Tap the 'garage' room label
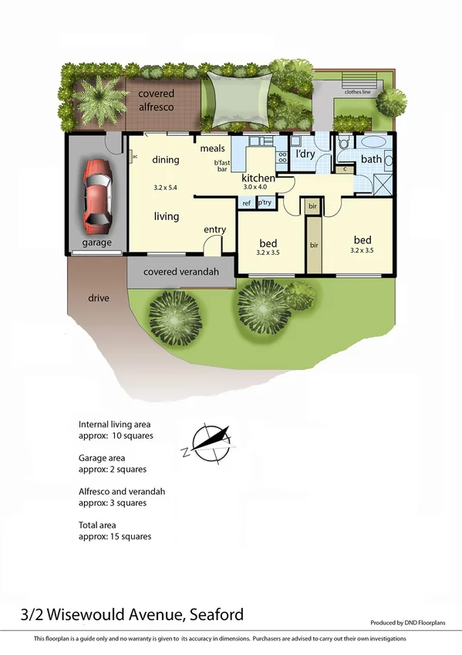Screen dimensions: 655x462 97,243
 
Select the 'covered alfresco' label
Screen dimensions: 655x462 156,100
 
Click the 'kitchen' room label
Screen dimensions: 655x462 258,178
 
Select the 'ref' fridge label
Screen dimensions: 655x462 247,203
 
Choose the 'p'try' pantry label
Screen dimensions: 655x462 265,203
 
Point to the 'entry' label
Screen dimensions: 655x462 214,229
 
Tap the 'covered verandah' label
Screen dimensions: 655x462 180,272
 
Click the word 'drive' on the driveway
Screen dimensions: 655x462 98,298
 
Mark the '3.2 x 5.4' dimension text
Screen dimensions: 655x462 165,188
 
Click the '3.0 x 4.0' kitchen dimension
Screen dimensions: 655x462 255,188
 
